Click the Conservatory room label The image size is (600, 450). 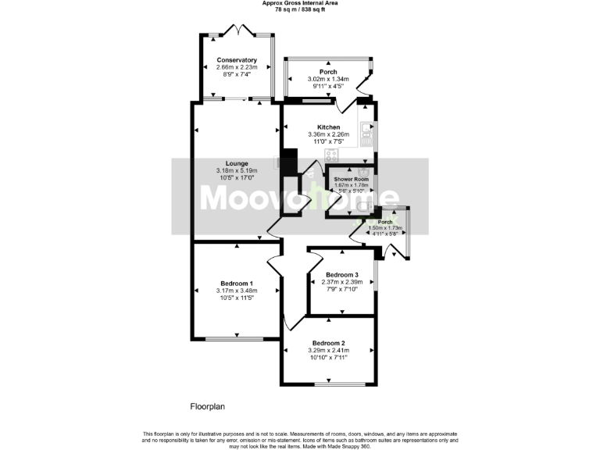[237, 60]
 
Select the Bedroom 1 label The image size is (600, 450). [235, 283]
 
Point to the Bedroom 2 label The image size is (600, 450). [328, 343]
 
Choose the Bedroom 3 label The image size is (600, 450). [342, 275]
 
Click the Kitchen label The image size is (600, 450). [328, 127]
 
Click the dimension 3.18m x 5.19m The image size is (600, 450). [235, 171]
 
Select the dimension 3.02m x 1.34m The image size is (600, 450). [328, 79]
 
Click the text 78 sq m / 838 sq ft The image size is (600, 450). [299, 9]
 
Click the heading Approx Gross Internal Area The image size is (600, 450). [299, 3]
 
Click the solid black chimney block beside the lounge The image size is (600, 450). [289, 162]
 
